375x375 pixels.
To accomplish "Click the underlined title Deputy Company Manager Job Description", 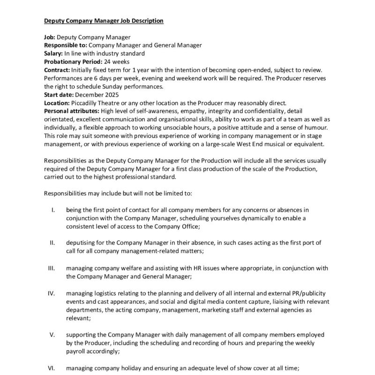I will tap(104, 21).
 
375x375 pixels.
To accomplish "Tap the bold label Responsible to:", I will tap(65, 45).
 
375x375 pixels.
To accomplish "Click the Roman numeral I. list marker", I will tap(53, 210).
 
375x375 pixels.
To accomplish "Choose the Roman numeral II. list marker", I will tap(52, 242).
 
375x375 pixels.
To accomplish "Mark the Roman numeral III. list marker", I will tap(52, 268).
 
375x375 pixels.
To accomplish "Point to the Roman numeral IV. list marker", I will tap(52, 293).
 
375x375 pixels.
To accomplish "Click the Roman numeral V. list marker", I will tap(52, 335).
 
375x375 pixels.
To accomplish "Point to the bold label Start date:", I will tap(59, 94).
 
